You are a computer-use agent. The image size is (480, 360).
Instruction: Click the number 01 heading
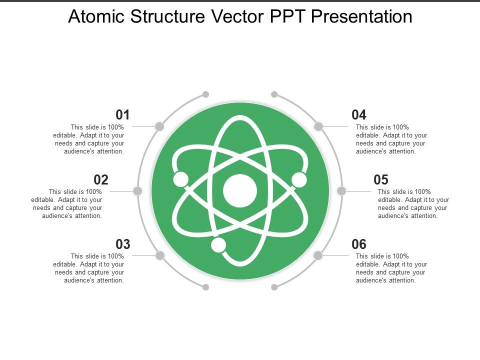(123, 115)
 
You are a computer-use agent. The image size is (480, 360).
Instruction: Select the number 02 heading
(101, 179)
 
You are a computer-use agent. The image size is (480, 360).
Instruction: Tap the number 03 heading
(123, 244)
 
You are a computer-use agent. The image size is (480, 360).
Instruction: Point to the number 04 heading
(359, 115)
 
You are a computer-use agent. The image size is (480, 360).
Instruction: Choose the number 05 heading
(381, 179)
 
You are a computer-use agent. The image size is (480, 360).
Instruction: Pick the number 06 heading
(359, 244)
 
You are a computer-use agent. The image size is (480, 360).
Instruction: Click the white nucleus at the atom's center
(240, 191)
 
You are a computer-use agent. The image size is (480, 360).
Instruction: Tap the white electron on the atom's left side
(180, 178)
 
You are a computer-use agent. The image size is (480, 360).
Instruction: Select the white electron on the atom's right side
(299, 179)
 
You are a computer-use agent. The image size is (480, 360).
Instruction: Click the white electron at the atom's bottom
(218, 245)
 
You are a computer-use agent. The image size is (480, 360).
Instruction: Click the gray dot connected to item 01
(159, 126)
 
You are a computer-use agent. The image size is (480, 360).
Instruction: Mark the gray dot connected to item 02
(138, 191)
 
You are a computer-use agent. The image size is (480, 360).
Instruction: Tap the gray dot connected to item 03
(160, 255)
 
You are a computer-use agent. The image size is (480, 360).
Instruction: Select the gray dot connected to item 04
(318, 126)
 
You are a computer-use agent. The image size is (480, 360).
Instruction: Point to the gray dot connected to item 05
(341, 191)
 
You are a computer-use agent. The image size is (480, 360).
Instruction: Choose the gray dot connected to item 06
(318, 255)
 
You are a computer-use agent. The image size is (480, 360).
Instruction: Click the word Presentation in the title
(361, 17)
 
